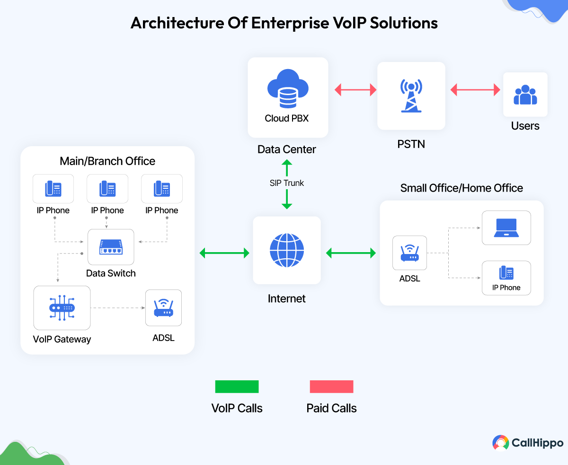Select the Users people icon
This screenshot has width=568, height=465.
(525, 95)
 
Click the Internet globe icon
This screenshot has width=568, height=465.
(287, 250)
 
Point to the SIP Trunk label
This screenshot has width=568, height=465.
(287, 183)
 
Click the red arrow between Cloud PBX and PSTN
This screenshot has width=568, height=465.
(355, 89)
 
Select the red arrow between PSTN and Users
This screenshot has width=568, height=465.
(475, 89)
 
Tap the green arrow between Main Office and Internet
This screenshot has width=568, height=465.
(224, 253)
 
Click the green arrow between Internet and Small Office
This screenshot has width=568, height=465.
(351, 253)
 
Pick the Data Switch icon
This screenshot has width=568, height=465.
(111, 247)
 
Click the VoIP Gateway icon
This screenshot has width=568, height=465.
(62, 307)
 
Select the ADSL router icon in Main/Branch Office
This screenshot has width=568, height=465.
(163, 308)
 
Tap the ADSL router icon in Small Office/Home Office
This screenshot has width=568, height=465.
(410, 254)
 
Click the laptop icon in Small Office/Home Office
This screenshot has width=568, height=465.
(506, 228)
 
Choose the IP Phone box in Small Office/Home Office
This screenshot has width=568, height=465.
(506, 278)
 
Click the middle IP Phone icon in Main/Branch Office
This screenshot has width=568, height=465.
(107, 189)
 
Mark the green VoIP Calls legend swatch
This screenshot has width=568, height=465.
(237, 386)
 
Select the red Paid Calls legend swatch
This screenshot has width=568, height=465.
(331, 386)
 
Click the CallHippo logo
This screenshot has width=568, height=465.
(528, 443)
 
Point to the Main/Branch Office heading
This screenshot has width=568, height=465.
(107, 161)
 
